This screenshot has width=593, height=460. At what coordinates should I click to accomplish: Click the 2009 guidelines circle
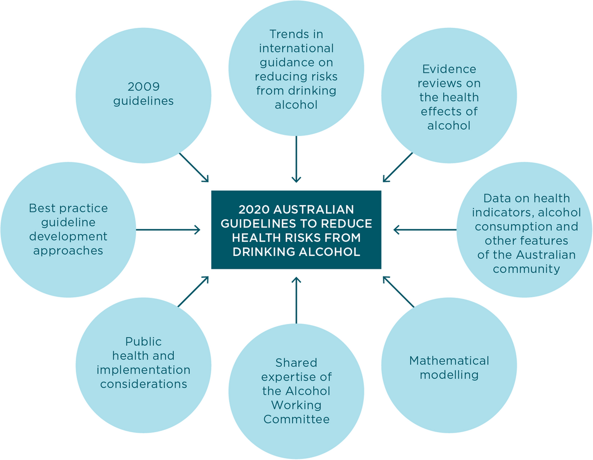tap(143, 95)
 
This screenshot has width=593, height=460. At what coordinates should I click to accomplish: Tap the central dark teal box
tap(296, 230)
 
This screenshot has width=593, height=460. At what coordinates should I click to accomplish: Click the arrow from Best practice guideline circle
tap(168, 229)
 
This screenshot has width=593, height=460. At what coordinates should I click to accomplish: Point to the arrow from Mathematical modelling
tap(399, 292)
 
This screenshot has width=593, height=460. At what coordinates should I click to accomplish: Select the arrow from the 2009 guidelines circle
tap(193, 167)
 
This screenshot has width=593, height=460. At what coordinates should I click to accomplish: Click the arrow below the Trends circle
tap(296, 159)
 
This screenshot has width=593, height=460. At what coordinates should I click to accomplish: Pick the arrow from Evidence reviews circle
tap(398, 167)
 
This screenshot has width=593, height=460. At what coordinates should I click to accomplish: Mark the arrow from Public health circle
tap(193, 292)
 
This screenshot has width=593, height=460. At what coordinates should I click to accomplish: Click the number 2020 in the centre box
tap(254, 210)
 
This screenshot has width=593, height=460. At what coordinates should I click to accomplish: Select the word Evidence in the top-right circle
tap(449, 69)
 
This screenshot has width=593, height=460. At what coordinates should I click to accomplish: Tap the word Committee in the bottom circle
tap(296, 419)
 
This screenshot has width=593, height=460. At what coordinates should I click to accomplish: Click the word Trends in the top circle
tap(296, 35)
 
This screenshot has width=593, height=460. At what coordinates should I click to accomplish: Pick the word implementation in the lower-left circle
tap(143, 370)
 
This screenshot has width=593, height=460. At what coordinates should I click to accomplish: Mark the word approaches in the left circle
tap(68, 250)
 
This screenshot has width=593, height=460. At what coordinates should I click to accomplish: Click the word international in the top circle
tap(296, 49)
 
